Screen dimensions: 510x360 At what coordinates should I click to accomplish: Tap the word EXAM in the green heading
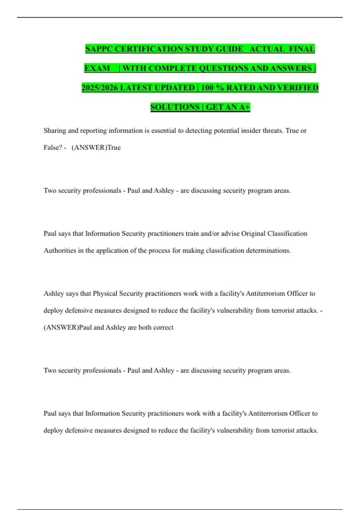click(x=97, y=68)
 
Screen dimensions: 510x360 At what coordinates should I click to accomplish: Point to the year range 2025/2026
click(x=100, y=88)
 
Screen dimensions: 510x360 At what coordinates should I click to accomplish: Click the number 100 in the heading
click(x=207, y=88)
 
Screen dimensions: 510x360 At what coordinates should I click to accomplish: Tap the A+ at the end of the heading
click(x=244, y=107)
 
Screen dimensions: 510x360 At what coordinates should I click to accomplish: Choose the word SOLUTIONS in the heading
click(x=175, y=107)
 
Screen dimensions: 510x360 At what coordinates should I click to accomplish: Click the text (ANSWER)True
click(x=96, y=148)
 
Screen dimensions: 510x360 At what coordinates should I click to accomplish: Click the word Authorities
click(x=60, y=250)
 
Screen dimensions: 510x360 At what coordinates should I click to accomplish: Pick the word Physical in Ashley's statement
click(x=105, y=294)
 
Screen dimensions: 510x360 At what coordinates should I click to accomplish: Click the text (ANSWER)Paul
click(x=68, y=327)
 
